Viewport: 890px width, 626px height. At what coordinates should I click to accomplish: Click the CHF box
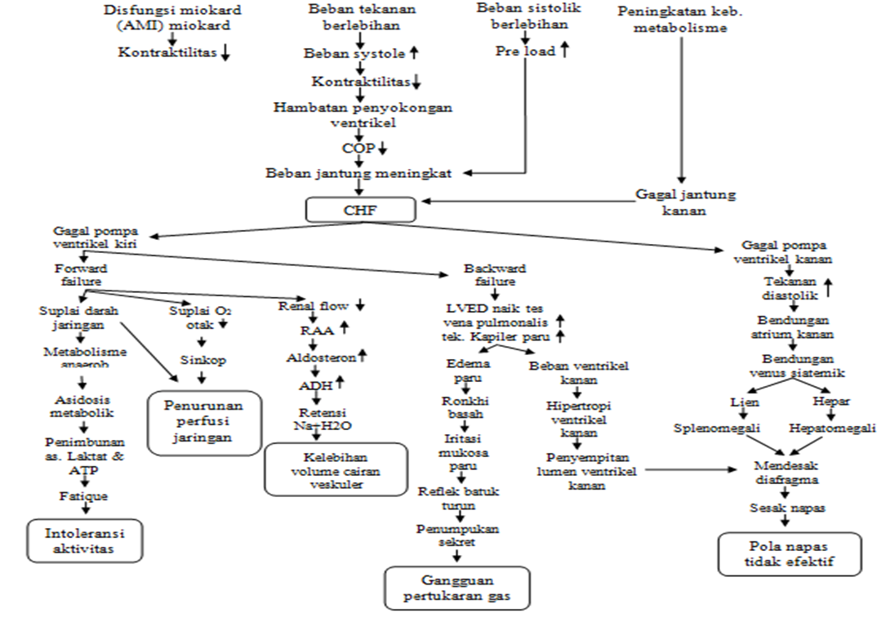tap(361, 210)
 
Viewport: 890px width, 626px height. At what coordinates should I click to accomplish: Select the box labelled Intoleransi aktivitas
tap(84, 541)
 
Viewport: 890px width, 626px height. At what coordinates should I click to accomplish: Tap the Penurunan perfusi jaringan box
tap(204, 420)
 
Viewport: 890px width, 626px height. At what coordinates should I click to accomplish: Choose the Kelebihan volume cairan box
tap(336, 469)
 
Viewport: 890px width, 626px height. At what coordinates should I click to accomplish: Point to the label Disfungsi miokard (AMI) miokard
tap(171, 18)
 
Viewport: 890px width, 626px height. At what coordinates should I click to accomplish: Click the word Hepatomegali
tap(832, 428)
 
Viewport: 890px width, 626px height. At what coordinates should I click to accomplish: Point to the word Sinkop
tap(202, 359)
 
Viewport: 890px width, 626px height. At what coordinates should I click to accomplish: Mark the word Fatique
tap(82, 495)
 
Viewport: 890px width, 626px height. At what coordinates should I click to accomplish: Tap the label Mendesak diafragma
tap(785, 472)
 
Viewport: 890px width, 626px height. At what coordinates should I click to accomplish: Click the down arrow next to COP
tap(382, 149)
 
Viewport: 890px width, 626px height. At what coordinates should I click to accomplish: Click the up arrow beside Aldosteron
tap(363, 356)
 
